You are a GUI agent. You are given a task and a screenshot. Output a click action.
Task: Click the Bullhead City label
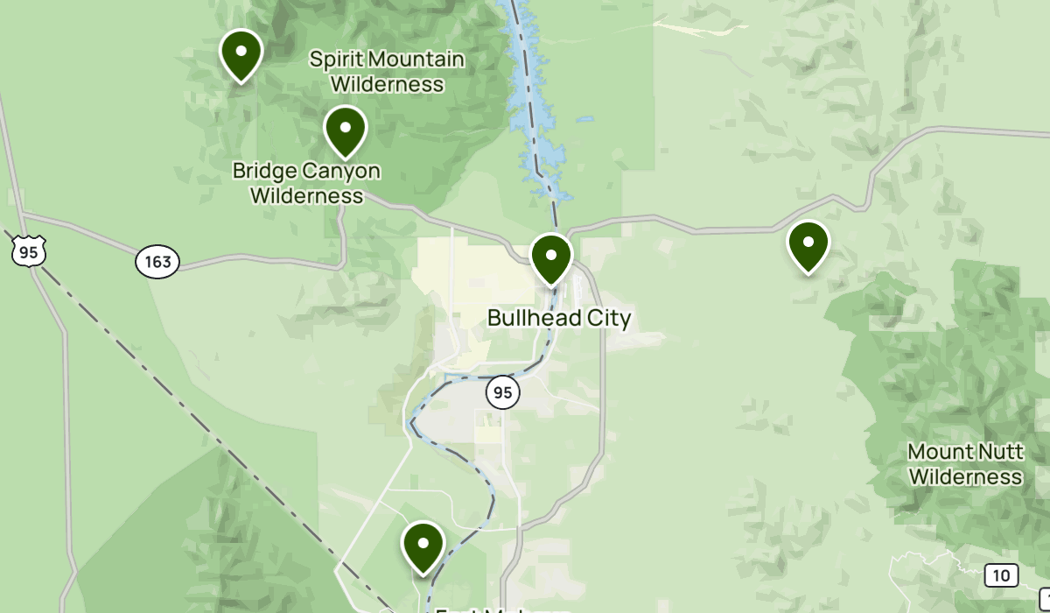click(558, 318)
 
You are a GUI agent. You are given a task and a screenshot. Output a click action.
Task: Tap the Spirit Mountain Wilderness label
click(387, 72)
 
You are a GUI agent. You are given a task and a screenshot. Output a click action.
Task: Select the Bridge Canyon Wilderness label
click(306, 182)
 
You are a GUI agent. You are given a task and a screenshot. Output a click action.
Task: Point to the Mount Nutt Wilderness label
click(965, 464)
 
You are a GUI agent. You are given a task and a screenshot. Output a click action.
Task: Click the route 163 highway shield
click(157, 261)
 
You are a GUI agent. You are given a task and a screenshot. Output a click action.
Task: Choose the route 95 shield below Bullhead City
click(503, 392)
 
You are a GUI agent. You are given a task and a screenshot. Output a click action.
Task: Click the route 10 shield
click(1001, 575)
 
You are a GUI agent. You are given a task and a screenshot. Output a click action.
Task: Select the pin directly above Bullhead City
click(551, 257)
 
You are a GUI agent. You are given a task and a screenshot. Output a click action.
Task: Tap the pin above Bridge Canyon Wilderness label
click(346, 128)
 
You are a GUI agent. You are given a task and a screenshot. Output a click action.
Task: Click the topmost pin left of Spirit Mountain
click(241, 53)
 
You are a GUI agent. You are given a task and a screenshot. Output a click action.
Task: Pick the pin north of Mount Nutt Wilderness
click(808, 243)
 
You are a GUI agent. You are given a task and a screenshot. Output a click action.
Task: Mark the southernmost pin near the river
click(423, 544)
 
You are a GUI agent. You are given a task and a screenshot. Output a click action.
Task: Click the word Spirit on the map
click(336, 60)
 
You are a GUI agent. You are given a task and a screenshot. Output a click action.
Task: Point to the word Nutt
click(974, 452)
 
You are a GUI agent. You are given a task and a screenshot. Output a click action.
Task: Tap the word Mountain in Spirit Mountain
click(415, 60)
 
